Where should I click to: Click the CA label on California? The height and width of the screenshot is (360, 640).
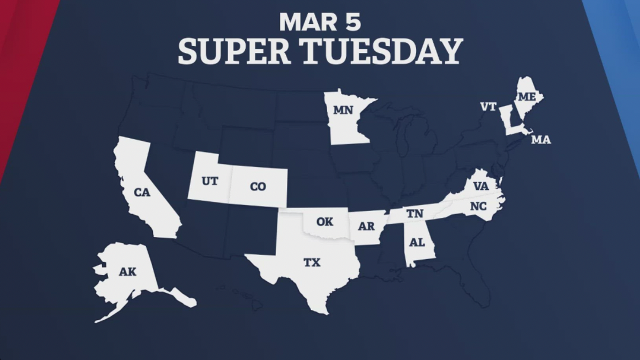pos(142,192)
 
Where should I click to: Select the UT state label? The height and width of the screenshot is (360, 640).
pos(209,181)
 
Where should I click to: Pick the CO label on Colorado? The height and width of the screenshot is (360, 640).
pos(257,186)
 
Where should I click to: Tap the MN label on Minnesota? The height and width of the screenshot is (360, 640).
pos(343,110)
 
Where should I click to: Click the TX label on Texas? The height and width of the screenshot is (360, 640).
pos(312,262)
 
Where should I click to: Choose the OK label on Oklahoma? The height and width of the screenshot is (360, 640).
pos(324,221)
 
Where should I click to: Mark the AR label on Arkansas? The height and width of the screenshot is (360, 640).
pos(366,226)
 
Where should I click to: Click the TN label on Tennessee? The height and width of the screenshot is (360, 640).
pos(414,214)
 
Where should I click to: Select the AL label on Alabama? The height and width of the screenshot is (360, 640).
pos(416,242)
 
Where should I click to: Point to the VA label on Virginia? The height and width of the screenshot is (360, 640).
pos(480,186)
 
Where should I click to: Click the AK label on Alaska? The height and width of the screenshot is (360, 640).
pos(127,272)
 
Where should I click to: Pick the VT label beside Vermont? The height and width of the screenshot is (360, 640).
pos(488,106)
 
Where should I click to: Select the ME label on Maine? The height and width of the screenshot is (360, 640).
pos(526,97)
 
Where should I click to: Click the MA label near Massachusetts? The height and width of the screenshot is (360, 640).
pos(540,140)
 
